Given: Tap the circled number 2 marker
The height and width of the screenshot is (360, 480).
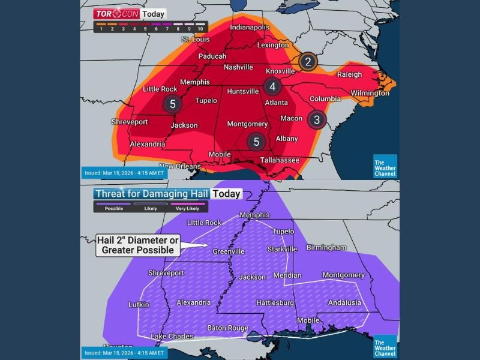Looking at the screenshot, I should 308,61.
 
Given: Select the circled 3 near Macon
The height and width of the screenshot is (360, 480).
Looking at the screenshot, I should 317,119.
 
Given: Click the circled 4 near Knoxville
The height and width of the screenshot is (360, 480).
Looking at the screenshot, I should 272,87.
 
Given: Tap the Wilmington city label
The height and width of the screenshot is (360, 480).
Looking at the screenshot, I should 370,93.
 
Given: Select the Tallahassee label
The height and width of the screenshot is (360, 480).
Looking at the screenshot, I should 280,160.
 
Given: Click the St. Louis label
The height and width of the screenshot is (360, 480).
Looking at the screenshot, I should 196,39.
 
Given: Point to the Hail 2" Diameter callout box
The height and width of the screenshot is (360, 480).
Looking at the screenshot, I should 138,245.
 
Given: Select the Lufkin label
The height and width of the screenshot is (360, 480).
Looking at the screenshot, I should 139,305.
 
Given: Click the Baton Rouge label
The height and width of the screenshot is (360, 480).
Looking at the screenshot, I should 227,328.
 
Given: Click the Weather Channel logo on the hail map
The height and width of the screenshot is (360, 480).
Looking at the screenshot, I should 385,347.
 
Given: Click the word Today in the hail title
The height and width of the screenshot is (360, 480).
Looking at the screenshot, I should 227,194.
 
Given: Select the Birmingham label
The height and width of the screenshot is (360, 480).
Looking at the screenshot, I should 326,247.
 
